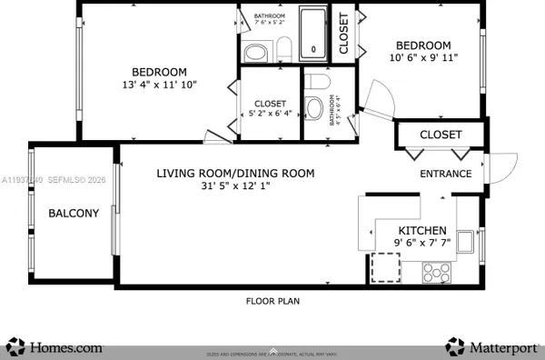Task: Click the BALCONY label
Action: (73, 214)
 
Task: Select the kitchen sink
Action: (465, 242)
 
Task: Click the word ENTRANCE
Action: (445, 174)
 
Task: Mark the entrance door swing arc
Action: (497, 168)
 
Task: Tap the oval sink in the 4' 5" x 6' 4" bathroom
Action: (315, 110)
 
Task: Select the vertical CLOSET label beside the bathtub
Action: (344, 36)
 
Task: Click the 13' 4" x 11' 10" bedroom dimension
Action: (159, 85)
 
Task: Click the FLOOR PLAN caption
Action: (272, 301)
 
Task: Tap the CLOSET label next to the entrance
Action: (441, 135)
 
